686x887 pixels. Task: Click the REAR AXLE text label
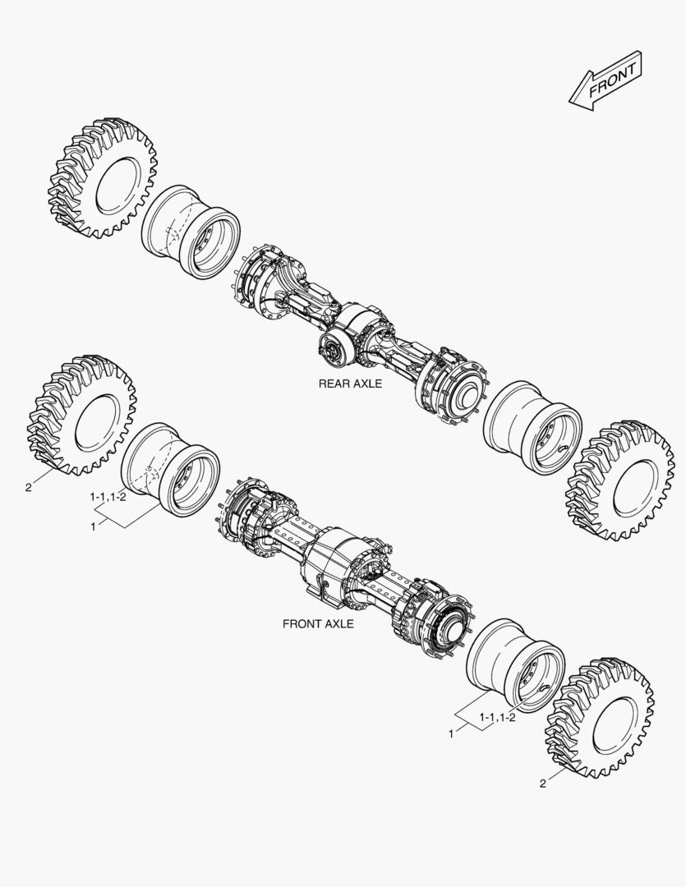tap(351, 384)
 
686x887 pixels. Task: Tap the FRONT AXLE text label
tap(318, 623)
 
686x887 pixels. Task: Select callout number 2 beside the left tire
tap(28, 487)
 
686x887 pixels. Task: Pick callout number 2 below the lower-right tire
tap(542, 783)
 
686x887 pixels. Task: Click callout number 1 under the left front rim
tap(94, 526)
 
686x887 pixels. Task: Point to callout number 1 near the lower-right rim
tap(451, 732)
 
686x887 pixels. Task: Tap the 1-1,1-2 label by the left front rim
tap(108, 498)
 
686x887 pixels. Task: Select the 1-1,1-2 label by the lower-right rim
tap(497, 718)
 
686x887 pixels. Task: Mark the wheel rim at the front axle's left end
tap(170, 469)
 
